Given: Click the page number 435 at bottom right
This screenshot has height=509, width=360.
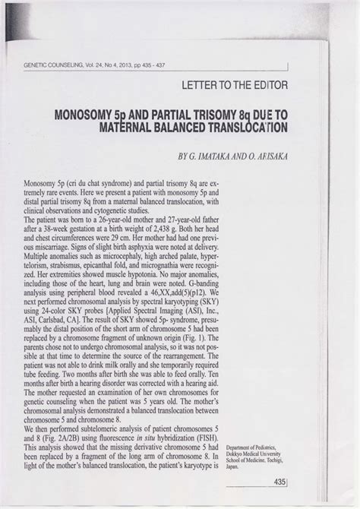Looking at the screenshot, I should click(279, 482).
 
